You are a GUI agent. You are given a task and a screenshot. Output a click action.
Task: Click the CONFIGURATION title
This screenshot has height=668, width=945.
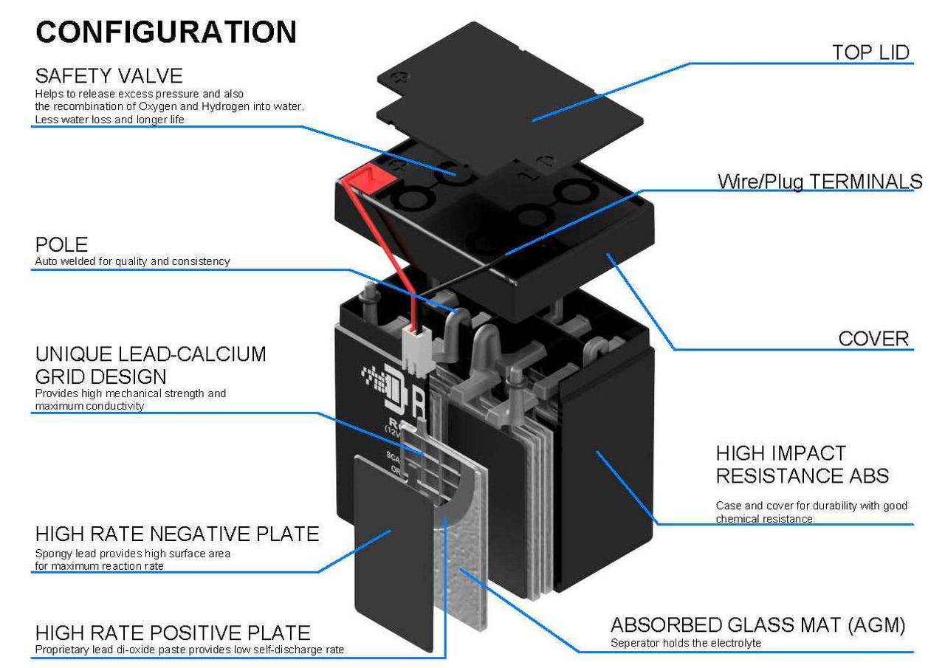(x=166, y=32)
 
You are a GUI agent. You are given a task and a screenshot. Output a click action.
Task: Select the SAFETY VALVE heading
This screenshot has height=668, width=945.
(x=109, y=75)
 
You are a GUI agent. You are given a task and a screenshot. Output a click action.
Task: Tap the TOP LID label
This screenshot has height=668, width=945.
(x=870, y=52)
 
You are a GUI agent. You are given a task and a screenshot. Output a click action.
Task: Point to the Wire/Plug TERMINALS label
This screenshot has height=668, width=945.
(x=819, y=182)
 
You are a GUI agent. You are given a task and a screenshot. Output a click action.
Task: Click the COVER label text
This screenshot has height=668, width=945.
(x=873, y=339)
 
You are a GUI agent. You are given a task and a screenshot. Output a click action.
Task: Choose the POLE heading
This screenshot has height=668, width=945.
(x=61, y=244)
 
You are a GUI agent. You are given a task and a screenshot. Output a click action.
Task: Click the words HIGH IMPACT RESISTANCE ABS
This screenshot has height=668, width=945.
(x=802, y=464)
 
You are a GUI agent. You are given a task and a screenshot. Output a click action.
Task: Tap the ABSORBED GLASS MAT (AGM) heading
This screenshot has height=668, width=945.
(x=757, y=625)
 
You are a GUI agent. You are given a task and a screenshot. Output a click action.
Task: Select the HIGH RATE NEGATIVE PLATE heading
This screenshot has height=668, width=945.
(x=177, y=534)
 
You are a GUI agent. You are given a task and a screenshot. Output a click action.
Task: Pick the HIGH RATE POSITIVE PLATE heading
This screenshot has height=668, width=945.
(x=173, y=633)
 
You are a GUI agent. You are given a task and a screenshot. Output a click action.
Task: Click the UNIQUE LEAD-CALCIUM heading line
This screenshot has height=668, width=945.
(x=151, y=354)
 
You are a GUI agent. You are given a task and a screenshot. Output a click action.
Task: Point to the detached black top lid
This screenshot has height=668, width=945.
(x=509, y=96)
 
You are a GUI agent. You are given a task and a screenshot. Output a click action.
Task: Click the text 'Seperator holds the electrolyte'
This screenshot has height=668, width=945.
(x=685, y=643)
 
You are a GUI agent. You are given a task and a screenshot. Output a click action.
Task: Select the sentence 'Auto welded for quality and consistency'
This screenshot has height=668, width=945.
(x=132, y=261)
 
